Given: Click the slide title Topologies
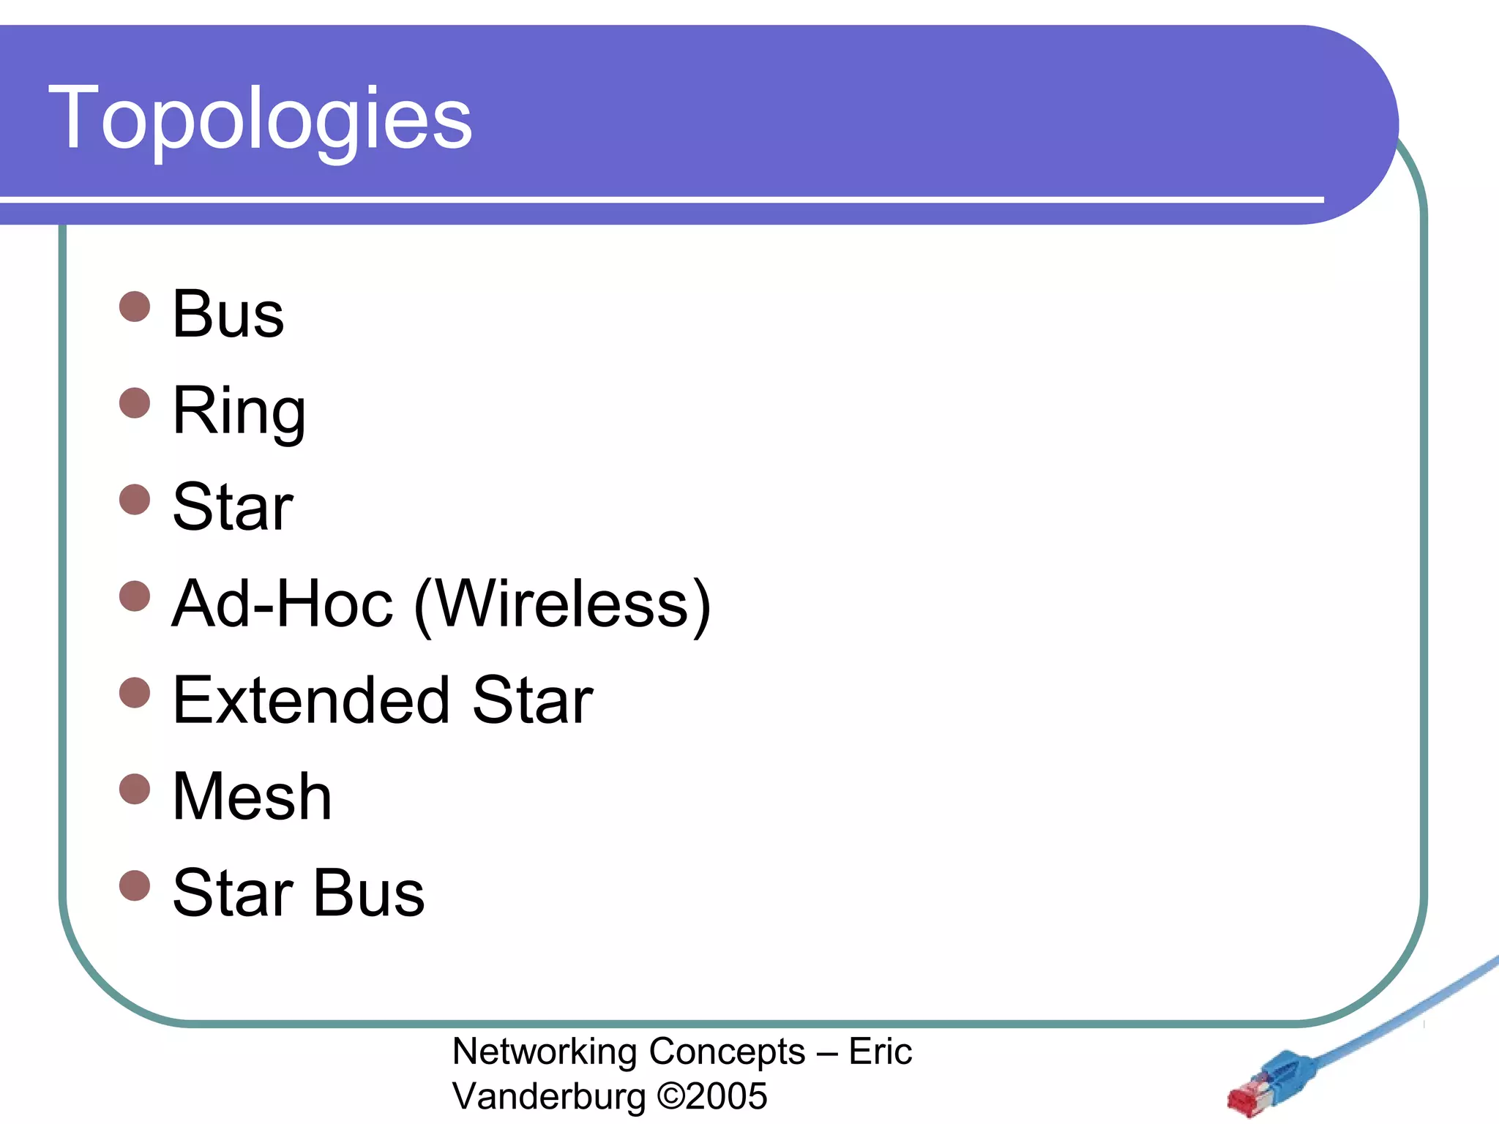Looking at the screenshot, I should (x=260, y=119).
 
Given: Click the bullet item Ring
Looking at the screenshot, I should (x=239, y=411).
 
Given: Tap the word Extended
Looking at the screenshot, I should (x=310, y=700).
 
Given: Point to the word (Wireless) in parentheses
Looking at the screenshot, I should (x=562, y=604).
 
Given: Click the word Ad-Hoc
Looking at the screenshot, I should (x=283, y=604).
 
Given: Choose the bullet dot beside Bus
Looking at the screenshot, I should (x=135, y=306).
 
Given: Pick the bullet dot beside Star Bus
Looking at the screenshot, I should (x=135, y=885).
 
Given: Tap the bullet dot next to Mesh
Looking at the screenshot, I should (x=135, y=789).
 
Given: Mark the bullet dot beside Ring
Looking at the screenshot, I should (x=135, y=402).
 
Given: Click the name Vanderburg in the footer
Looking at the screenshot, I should (x=549, y=1096).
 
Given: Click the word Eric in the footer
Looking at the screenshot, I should (x=880, y=1052).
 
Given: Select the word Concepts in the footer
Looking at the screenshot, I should (x=727, y=1052).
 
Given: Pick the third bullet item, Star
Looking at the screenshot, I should (x=233, y=507).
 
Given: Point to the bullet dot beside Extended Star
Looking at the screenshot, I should (x=135, y=692).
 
